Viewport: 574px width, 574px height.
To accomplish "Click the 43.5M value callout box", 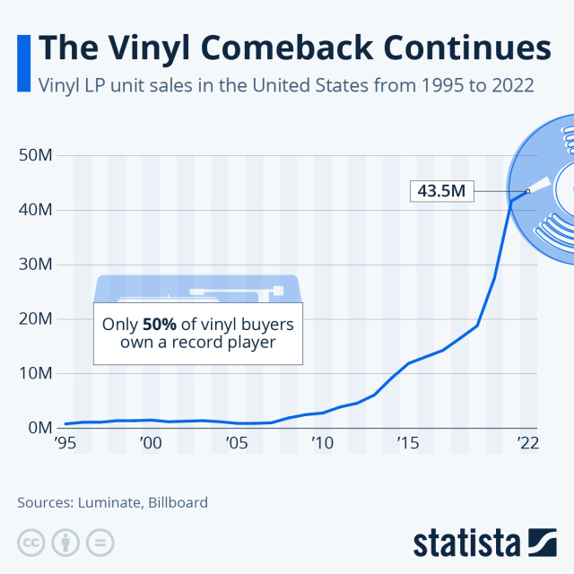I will point(441,191).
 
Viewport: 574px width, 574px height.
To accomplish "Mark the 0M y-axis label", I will point(41,428).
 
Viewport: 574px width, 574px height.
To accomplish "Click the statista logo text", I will point(465,544).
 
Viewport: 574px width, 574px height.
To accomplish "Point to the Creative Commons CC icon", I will point(31,543).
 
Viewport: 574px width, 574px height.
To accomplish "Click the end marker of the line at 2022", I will point(528,191).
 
